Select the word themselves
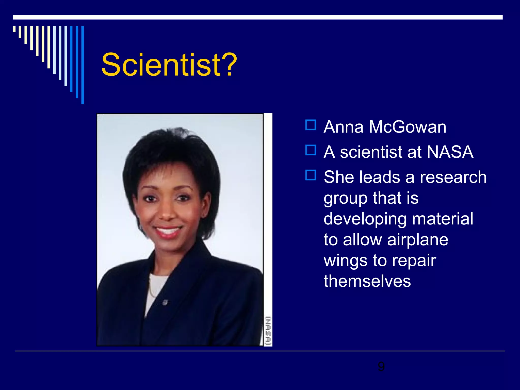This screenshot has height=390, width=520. pyautogui.click(x=367, y=281)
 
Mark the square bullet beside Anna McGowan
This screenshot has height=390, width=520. pyautogui.click(x=311, y=125)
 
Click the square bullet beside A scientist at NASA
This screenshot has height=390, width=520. pyautogui.click(x=311, y=150)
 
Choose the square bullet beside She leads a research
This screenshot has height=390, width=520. pyautogui.click(x=311, y=175)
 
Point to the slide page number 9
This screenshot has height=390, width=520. pyautogui.click(x=381, y=367)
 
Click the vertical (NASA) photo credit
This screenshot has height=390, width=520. pyautogui.click(x=268, y=331)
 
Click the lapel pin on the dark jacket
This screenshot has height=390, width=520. pyautogui.click(x=165, y=302)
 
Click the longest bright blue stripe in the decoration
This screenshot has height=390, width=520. pyautogui.click(x=83, y=65)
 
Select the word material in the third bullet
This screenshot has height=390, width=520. pyautogui.click(x=443, y=219)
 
